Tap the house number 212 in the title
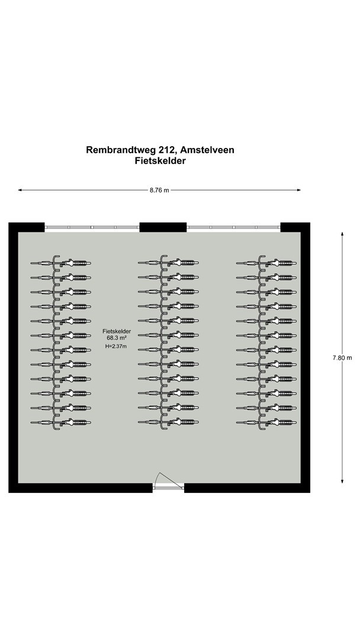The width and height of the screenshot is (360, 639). (167, 150)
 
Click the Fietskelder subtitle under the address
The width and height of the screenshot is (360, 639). (160, 161)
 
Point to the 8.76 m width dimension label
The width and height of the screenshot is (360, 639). (159, 191)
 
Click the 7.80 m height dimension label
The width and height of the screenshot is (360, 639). (342, 357)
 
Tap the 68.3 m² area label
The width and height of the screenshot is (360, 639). (116, 339)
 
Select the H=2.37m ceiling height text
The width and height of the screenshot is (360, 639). (116, 347)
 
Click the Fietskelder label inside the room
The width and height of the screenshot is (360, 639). (116, 332)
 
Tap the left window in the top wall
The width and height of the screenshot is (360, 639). (92, 227)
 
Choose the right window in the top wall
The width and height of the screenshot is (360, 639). (233, 227)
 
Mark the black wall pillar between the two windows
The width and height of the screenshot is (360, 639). (163, 227)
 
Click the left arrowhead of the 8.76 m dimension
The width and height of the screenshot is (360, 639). (20, 191)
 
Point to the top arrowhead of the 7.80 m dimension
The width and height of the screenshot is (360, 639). (342, 234)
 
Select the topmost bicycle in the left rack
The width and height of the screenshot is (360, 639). (62, 262)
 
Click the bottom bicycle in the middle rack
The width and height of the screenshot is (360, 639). (170, 422)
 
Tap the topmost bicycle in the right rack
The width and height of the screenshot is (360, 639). (267, 262)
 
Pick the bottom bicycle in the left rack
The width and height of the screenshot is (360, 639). (62, 422)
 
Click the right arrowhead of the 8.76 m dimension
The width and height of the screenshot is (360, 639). (299, 191)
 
